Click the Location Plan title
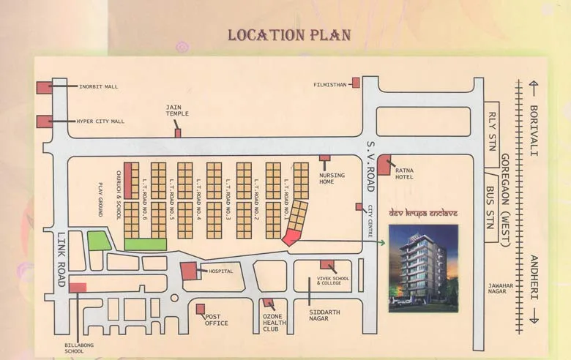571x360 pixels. (289, 35)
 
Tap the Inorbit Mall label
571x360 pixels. (98, 86)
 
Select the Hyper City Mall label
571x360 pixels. (100, 121)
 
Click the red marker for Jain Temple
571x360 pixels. (178, 132)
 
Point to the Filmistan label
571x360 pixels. (329, 84)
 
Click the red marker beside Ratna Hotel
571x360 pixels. (384, 165)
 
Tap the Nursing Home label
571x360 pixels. (326, 178)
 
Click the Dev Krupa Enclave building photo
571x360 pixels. (423, 267)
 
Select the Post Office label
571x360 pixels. (217, 319)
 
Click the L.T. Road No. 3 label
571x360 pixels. (228, 200)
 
